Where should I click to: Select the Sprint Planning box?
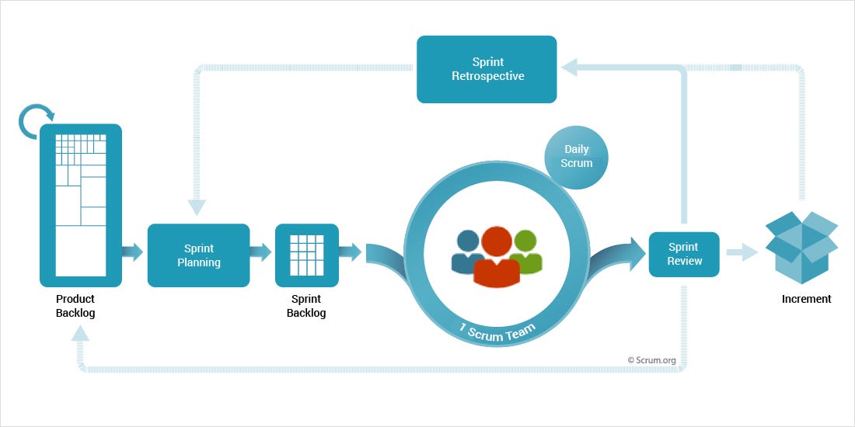point(198,255)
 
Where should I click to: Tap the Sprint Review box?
point(684,254)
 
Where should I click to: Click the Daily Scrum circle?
point(577,156)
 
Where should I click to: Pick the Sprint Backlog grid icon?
point(306,255)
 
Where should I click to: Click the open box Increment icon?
point(801,243)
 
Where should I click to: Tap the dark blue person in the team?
point(468,252)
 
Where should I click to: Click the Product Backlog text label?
point(75,306)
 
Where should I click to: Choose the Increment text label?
point(806,299)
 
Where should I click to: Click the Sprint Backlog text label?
point(306,306)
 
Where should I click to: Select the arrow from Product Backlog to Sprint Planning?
point(133,252)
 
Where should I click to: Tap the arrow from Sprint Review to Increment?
point(742,252)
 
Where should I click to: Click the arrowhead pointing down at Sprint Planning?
point(197,207)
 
